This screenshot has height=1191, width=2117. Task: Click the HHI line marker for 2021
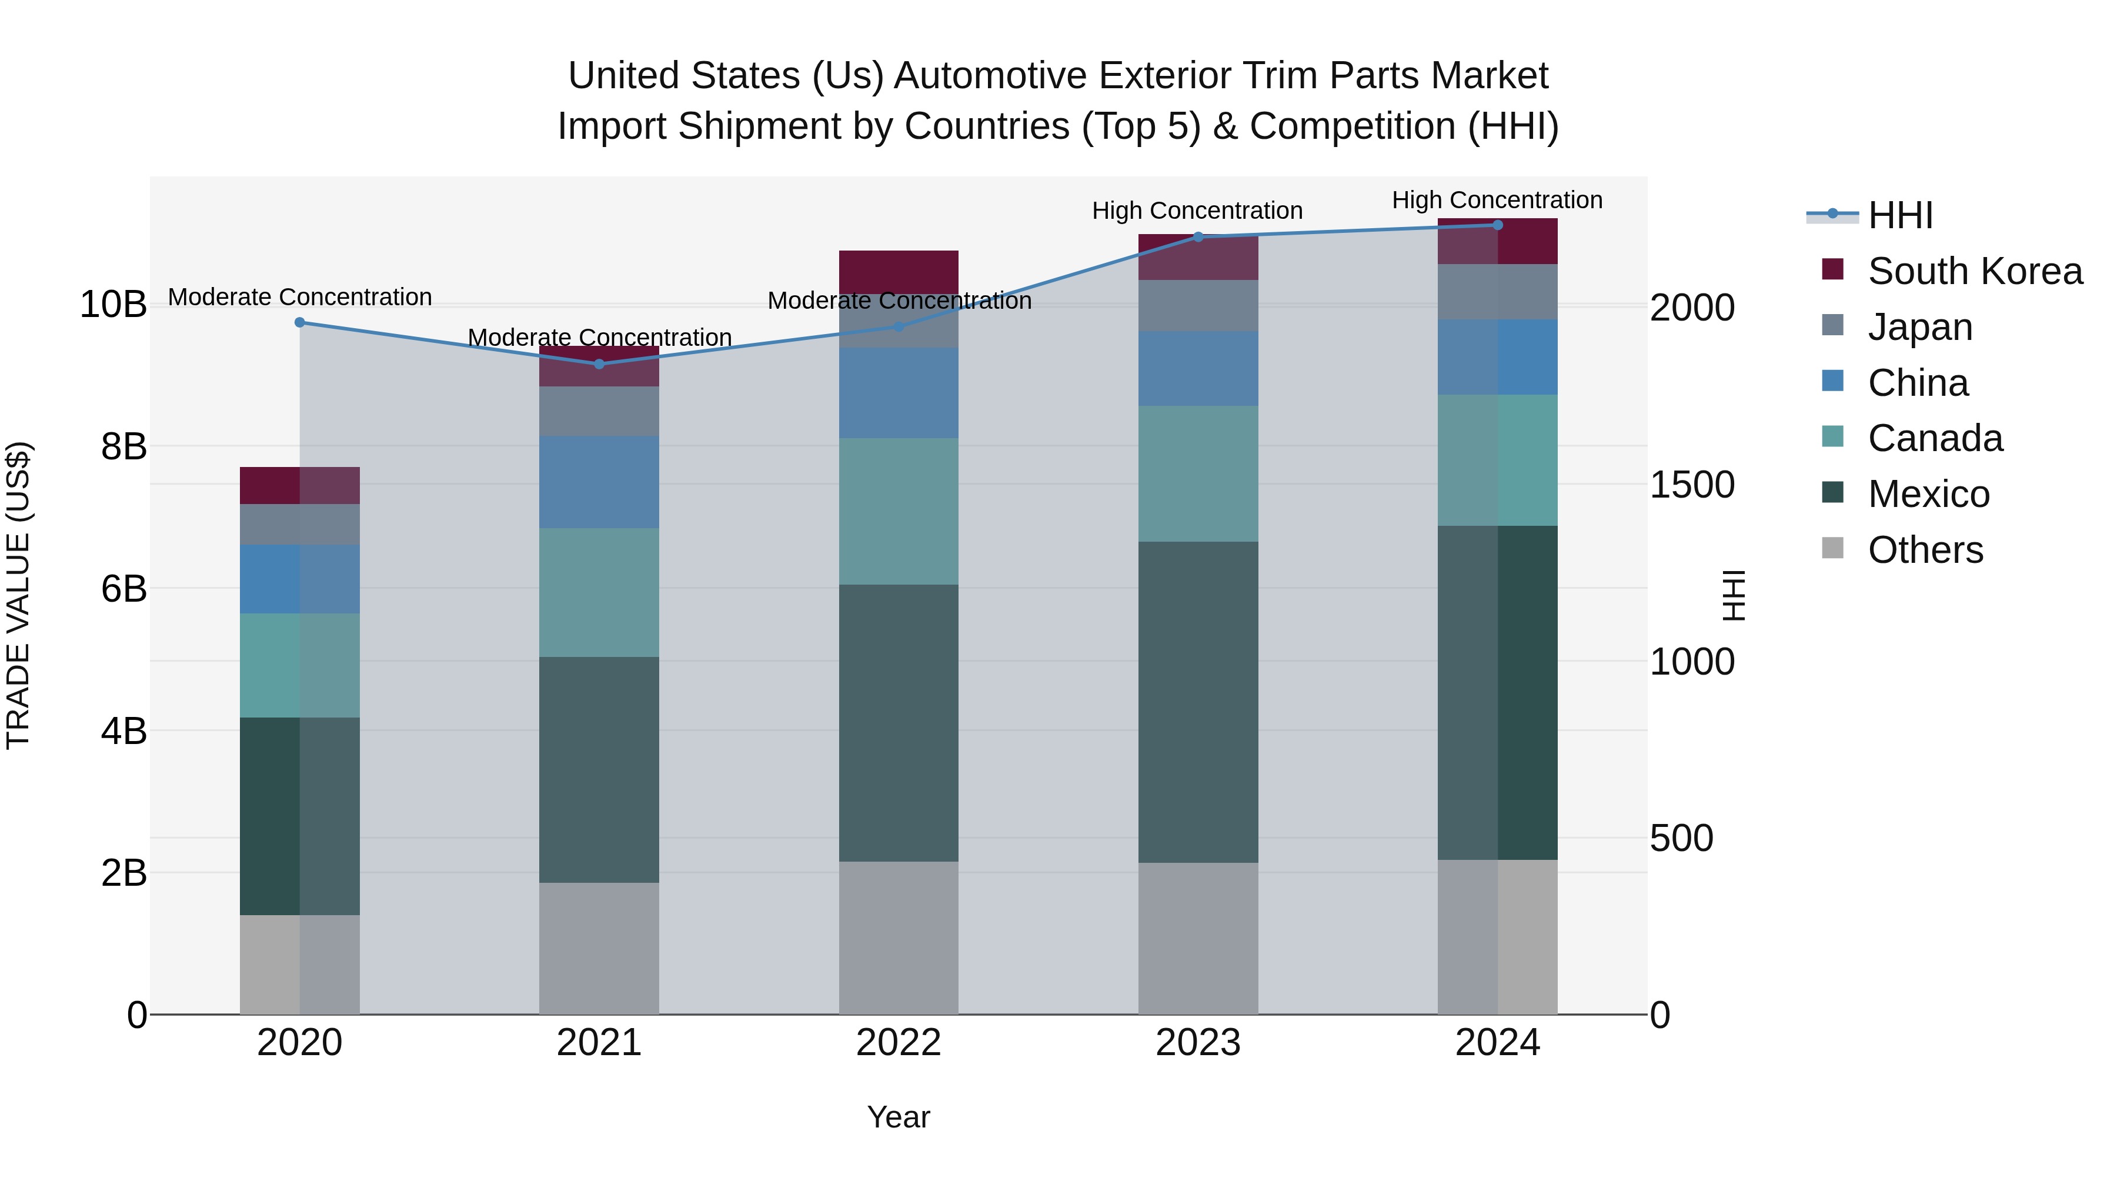599,364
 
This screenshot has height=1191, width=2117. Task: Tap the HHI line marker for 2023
1197,236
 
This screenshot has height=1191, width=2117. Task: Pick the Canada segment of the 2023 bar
1197,473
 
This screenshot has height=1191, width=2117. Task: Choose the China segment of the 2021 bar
599,482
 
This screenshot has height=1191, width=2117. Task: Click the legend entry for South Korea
1974,271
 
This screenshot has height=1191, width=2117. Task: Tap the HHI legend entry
1899,215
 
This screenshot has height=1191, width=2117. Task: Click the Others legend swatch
1832,548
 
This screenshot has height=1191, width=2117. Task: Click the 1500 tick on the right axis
1692,485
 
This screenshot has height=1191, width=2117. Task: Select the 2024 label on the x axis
1497,1043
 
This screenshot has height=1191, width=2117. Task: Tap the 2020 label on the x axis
299,1043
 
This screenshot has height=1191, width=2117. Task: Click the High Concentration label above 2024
1497,200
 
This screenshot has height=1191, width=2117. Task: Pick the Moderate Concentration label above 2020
299,297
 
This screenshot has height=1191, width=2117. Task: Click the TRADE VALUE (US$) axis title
18,595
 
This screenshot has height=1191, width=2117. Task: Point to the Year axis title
898,1117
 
